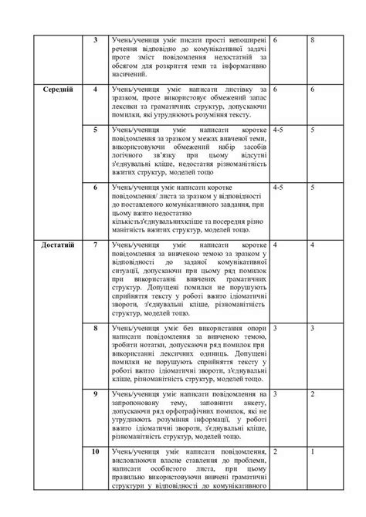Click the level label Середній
coord(59,90)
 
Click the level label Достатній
coord(59,245)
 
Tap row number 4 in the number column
coord(95,90)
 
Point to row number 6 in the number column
coord(95,187)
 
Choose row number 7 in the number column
coord(95,245)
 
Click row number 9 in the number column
coord(95,395)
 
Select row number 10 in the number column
coord(95,449)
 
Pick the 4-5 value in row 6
coord(280,187)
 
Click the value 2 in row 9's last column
coord(312,395)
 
